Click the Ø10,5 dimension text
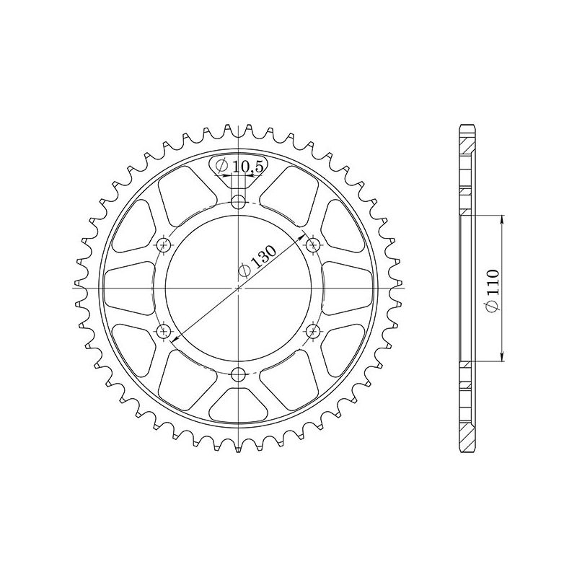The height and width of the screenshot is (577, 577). click(x=239, y=167)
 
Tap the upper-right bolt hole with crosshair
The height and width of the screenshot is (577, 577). click(x=313, y=245)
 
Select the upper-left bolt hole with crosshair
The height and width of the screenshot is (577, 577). click(x=165, y=245)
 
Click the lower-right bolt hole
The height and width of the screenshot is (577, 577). click(x=313, y=331)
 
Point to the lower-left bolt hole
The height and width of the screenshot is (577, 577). click(x=165, y=331)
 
